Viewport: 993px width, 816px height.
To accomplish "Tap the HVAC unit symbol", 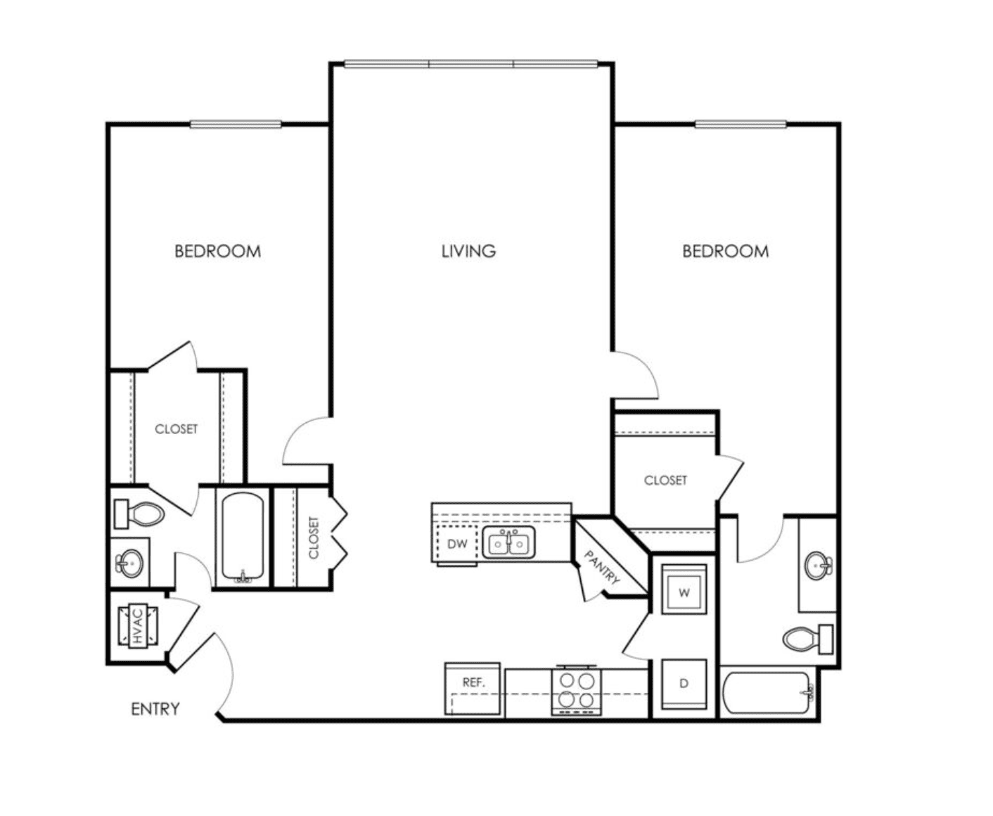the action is [137, 626].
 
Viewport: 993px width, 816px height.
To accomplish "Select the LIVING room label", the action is [468, 251].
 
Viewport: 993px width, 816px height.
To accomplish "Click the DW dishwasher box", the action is [456, 544].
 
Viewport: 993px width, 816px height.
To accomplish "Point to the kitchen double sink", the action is [508, 543].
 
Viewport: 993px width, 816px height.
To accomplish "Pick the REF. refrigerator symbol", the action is [473, 689].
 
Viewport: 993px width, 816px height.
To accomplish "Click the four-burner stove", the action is [576, 690].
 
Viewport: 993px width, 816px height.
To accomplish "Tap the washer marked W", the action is [684, 589].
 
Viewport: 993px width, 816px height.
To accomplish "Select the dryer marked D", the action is [684, 684].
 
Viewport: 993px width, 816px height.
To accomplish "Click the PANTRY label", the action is [602, 567].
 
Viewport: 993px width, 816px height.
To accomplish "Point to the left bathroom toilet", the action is [139, 514].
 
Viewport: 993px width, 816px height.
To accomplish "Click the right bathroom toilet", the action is [808, 639].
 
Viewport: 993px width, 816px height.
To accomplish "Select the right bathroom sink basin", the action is [819, 565].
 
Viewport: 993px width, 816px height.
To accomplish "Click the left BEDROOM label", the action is [217, 251].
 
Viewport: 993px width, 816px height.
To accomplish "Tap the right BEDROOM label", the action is [726, 251].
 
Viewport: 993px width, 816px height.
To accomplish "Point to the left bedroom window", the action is [236, 125].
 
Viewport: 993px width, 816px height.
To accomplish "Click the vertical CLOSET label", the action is [314, 537].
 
